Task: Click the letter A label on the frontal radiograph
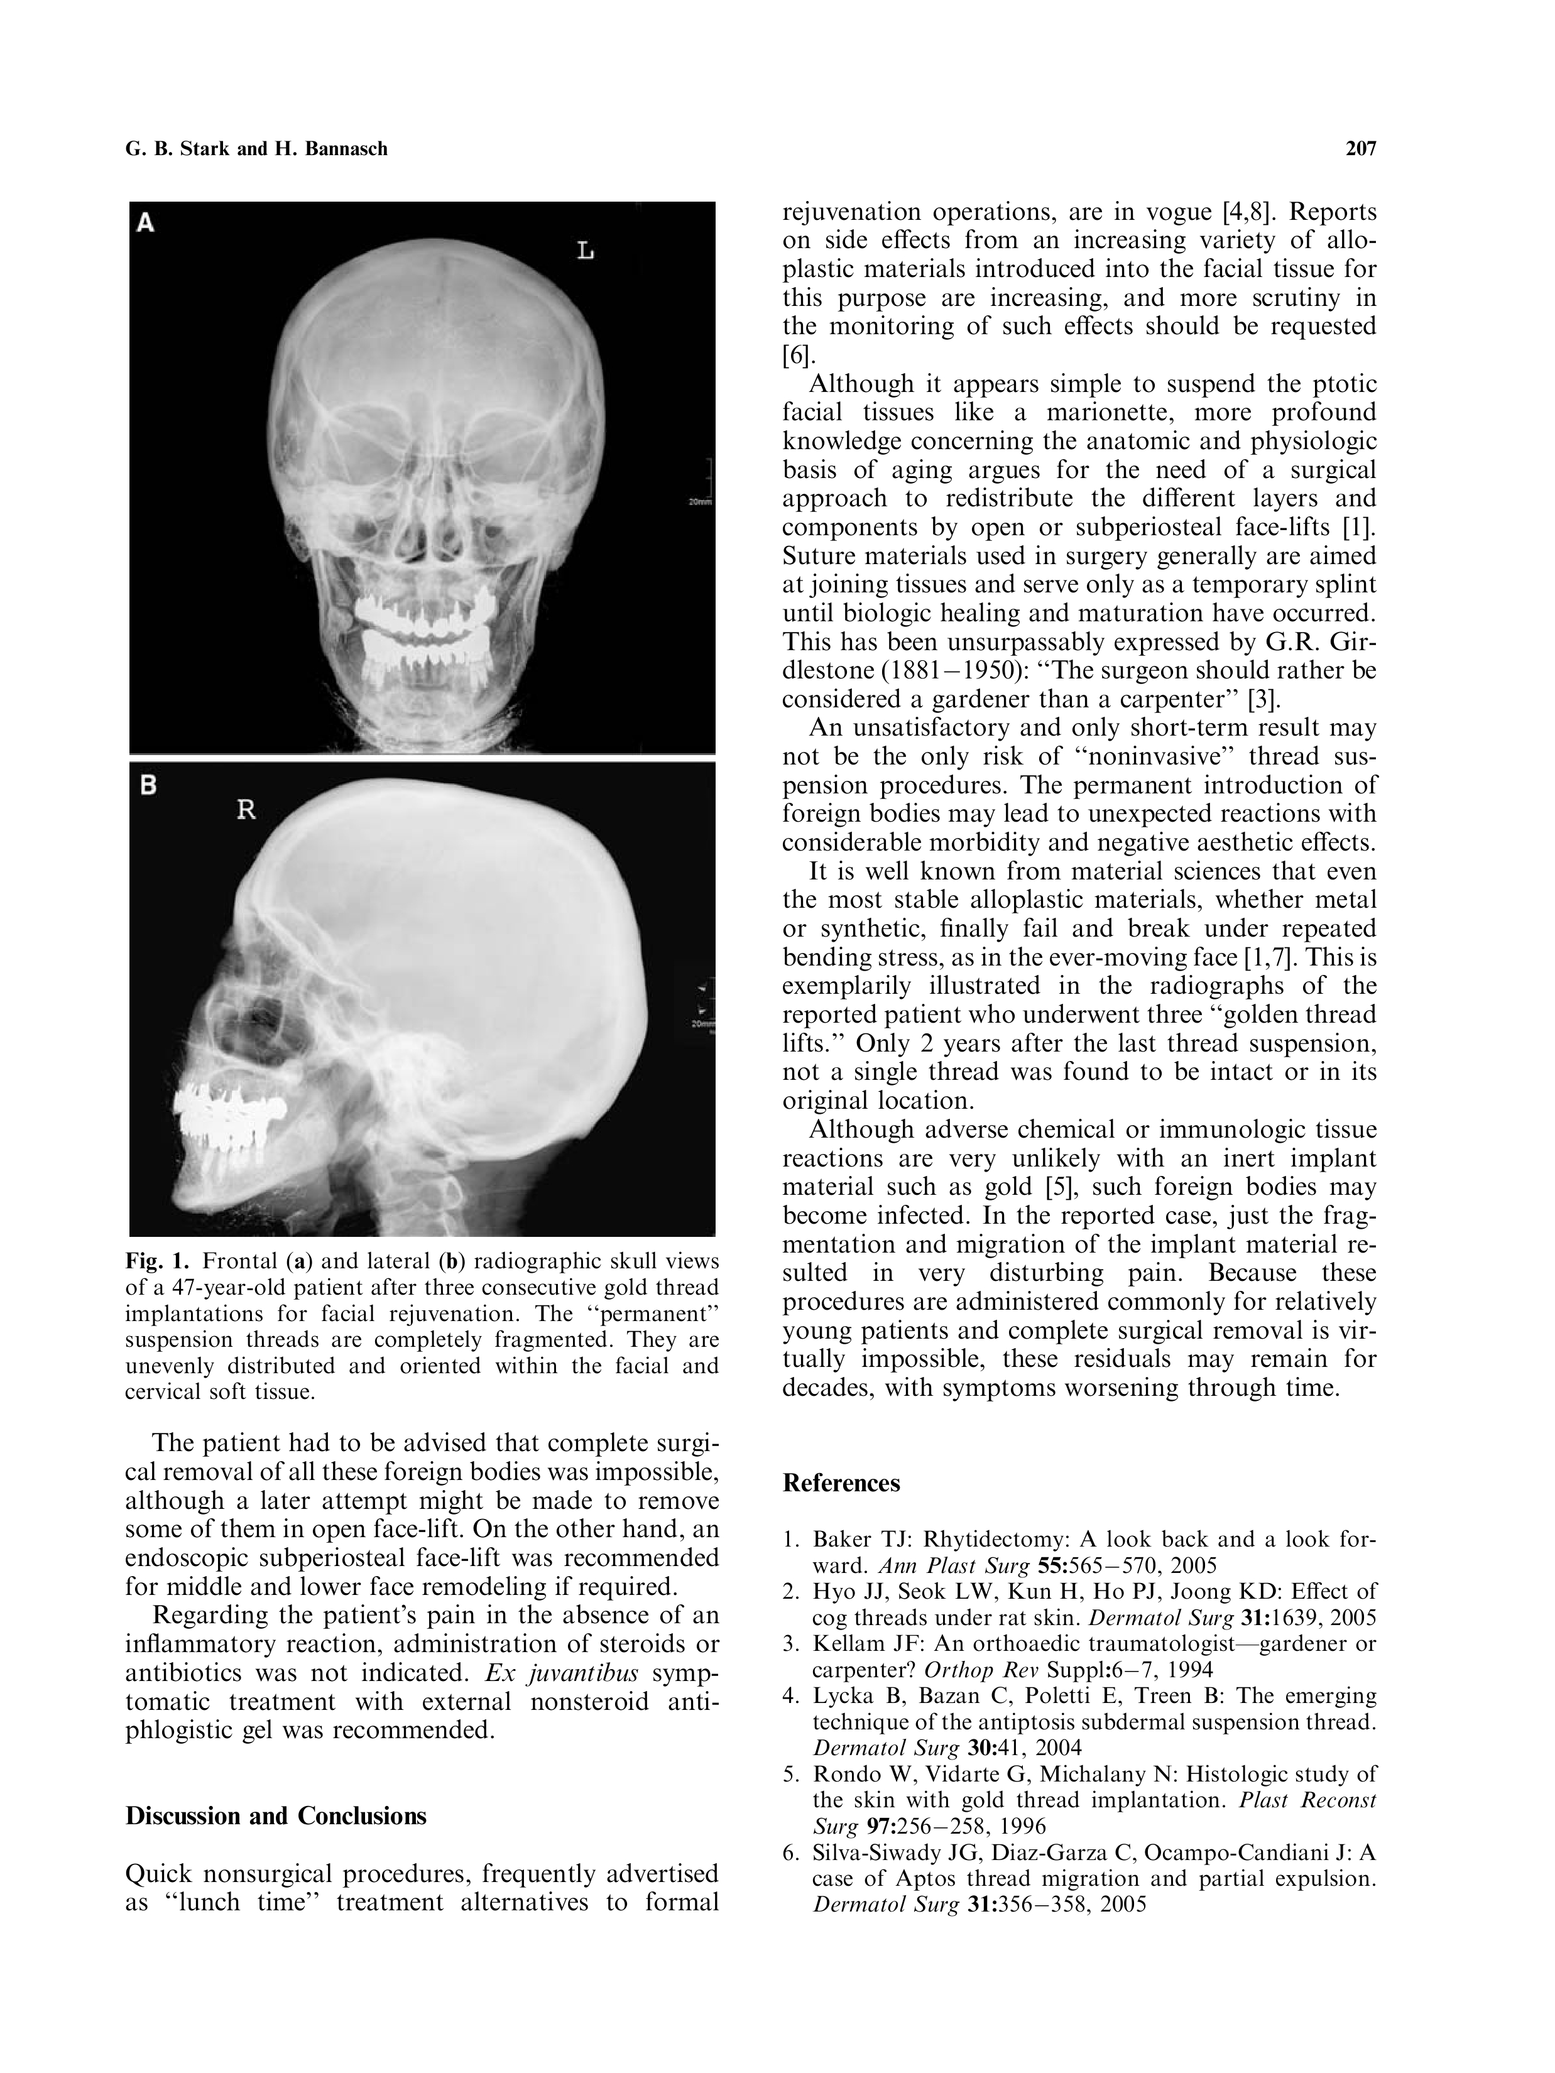pyautogui.click(x=147, y=223)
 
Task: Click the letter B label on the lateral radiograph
pyautogui.click(x=147, y=785)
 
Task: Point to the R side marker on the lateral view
pyautogui.click(x=246, y=810)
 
